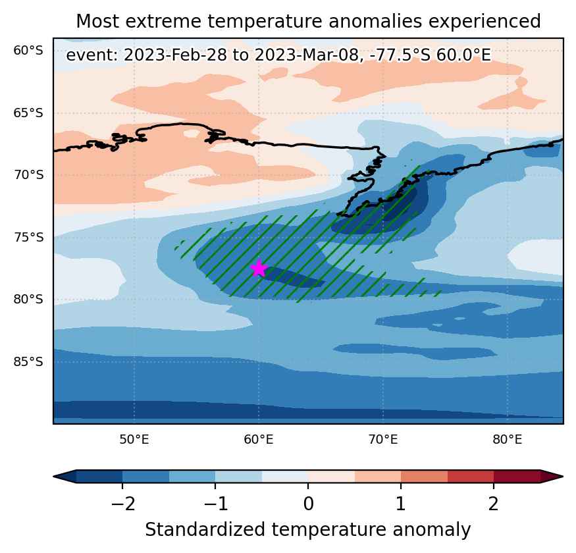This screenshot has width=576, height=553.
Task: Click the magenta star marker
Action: (259, 268)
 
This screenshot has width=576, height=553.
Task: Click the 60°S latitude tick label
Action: (28, 50)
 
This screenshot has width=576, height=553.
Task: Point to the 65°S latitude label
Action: (28, 113)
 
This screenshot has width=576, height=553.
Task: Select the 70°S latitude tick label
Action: (28, 175)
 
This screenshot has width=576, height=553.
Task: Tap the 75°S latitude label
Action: (28, 238)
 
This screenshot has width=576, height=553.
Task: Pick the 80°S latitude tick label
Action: (28, 300)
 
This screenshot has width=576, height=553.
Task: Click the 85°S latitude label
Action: (28, 362)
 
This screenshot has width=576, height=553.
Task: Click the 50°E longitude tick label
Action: (134, 440)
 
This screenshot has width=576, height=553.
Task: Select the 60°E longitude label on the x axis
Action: (259, 440)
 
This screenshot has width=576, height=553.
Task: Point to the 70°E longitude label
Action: (383, 440)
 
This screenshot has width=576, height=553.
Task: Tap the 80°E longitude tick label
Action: (508, 440)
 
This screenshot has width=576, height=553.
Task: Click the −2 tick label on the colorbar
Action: (122, 504)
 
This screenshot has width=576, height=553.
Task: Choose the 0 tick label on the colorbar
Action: (308, 504)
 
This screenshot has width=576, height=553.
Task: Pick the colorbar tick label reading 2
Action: (493, 504)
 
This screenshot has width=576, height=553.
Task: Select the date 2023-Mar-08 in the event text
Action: (306, 55)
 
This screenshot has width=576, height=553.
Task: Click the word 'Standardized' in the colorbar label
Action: (205, 530)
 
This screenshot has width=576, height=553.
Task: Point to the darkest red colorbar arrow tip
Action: (562, 477)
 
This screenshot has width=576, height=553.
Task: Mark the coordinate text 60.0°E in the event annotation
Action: (463, 55)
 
